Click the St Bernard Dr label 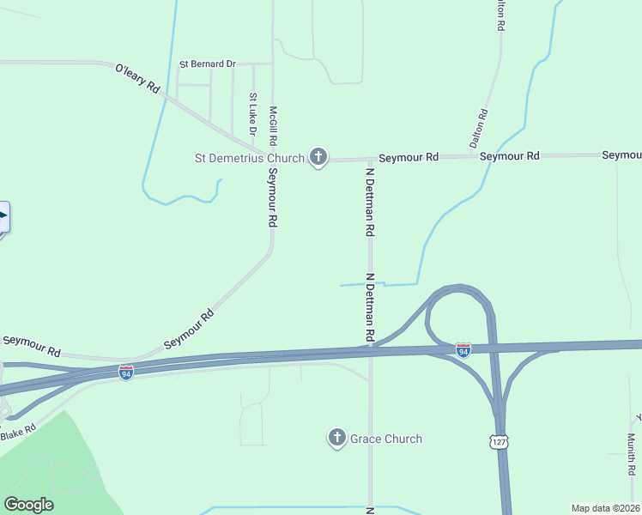[207, 64]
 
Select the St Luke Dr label [252, 114]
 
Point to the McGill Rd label [273, 125]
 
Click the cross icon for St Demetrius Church [318, 157]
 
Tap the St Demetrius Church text [250, 158]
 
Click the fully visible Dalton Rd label [479, 129]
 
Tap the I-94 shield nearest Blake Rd [126, 373]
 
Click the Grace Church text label [386, 439]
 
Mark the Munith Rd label [631, 454]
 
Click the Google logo [28, 505]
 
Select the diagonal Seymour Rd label [188, 329]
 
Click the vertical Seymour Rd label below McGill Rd [272, 197]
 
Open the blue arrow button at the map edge [3, 216]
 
